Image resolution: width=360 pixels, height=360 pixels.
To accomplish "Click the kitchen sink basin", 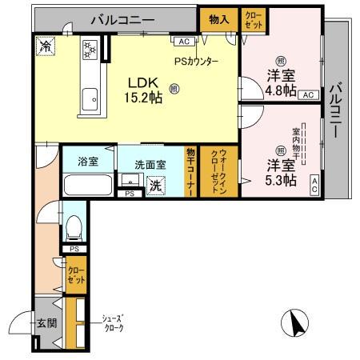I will [91, 97].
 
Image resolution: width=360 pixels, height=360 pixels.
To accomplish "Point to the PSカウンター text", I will [195, 61].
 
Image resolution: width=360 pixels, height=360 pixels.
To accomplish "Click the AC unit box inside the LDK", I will [182, 42].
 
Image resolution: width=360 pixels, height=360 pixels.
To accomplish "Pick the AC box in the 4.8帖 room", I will [307, 94].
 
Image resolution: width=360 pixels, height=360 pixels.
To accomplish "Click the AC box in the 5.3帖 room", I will [314, 185].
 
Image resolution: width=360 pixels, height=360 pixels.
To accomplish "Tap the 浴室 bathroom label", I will [88, 162].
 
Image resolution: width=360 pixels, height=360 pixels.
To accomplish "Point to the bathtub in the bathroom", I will [88, 185].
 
